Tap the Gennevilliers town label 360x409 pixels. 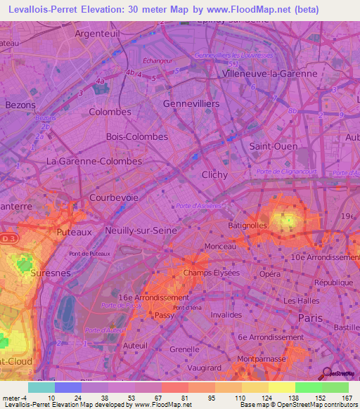191,103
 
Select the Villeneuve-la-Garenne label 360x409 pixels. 269,73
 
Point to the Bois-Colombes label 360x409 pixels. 136,136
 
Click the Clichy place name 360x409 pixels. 214,174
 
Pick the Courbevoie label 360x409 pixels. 113,198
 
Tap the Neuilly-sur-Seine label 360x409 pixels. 139,231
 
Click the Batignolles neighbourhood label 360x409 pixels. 247,226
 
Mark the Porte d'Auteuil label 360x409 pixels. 105,330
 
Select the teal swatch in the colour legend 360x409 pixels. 41,387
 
